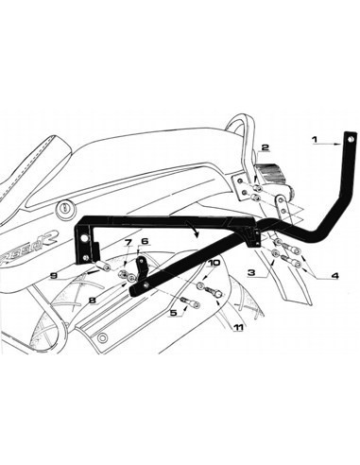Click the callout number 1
point(314,140)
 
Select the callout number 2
point(266,147)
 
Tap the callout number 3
point(251,271)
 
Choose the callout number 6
point(145,243)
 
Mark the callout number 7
point(127,244)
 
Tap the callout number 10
point(214,263)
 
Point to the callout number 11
point(238,326)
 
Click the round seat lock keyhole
point(63,208)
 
